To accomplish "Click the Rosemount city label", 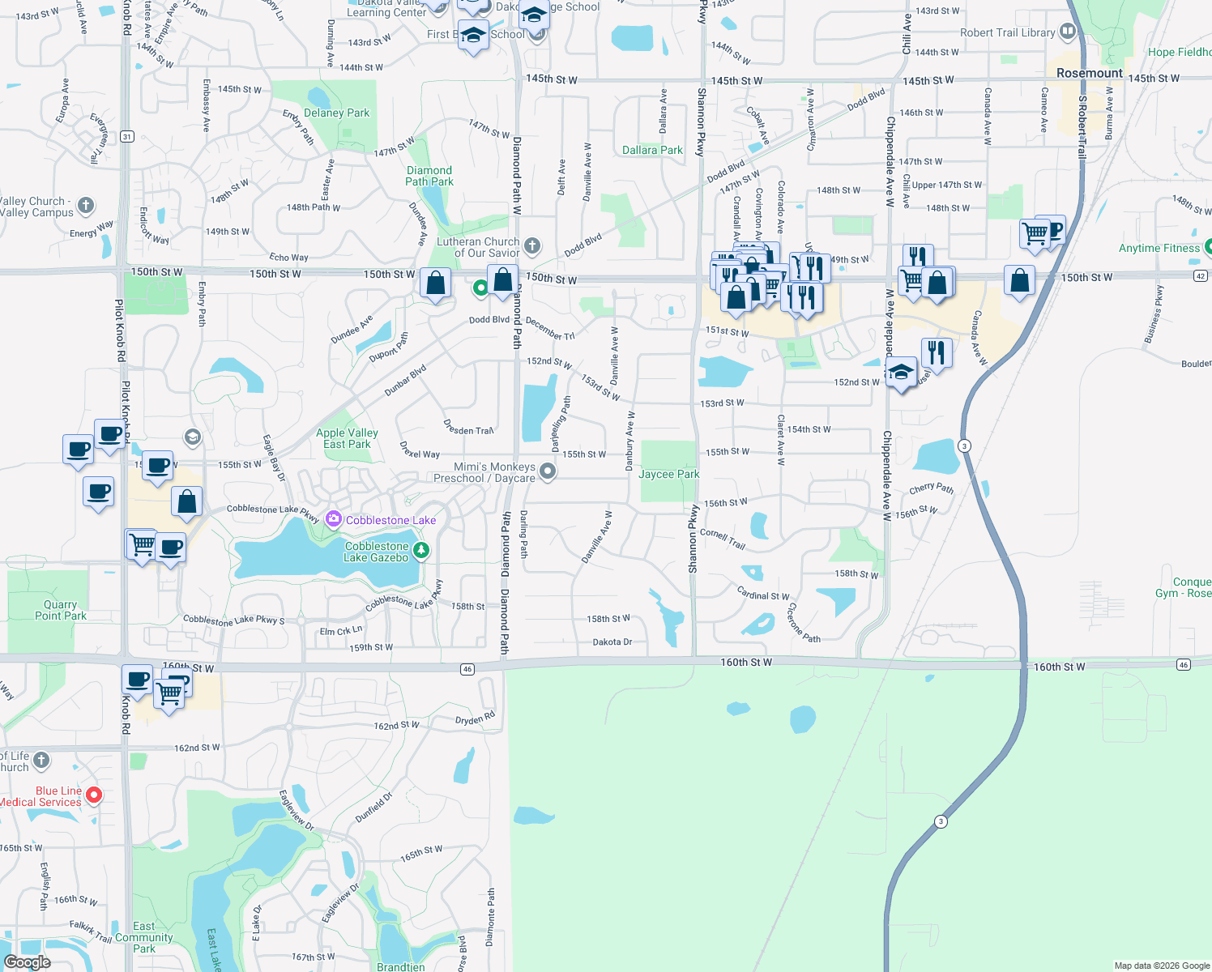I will [x=1089, y=73].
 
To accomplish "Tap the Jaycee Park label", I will [x=668, y=474].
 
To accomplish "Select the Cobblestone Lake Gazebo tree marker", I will [x=421, y=552].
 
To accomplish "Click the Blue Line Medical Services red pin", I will [x=94, y=795].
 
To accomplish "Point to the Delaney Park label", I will [x=336, y=113].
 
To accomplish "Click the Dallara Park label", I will [x=652, y=150].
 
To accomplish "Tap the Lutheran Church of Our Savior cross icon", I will [x=532, y=245].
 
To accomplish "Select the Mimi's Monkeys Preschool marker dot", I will [x=548, y=471].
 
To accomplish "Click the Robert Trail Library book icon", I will [x=1068, y=32].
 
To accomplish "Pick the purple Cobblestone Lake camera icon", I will [x=333, y=519].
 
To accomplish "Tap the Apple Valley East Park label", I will [x=347, y=438].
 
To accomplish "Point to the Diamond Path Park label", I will [x=429, y=176].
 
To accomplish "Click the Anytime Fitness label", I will [x=1159, y=248].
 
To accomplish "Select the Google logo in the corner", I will [x=28, y=961].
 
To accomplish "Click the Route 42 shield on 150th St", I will [x=1201, y=276].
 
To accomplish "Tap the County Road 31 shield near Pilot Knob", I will [x=127, y=137].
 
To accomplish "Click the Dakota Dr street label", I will [x=612, y=642].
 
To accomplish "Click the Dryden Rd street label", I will [x=475, y=719].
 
